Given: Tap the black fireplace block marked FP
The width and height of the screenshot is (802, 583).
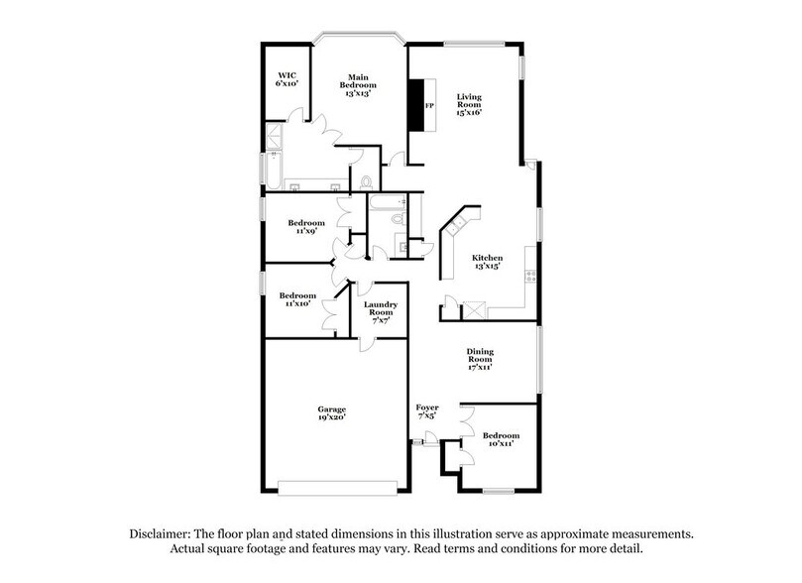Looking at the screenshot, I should [x=421, y=105].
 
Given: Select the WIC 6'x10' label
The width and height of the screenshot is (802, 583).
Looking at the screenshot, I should [x=287, y=79].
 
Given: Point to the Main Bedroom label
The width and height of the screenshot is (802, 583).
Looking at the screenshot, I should [x=358, y=83].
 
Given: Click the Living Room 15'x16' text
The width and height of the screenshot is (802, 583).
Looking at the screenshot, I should [x=468, y=104].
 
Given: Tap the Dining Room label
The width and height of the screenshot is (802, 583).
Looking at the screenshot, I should [x=480, y=358].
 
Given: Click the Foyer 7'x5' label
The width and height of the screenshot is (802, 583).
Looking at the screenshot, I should [x=427, y=411].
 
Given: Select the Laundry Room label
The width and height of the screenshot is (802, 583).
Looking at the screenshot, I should [x=381, y=311].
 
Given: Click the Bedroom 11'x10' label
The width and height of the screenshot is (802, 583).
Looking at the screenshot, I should [x=297, y=299].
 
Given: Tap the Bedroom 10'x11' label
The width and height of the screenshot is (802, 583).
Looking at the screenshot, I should [x=501, y=440].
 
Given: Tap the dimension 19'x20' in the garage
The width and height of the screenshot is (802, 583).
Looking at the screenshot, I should [x=331, y=419].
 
